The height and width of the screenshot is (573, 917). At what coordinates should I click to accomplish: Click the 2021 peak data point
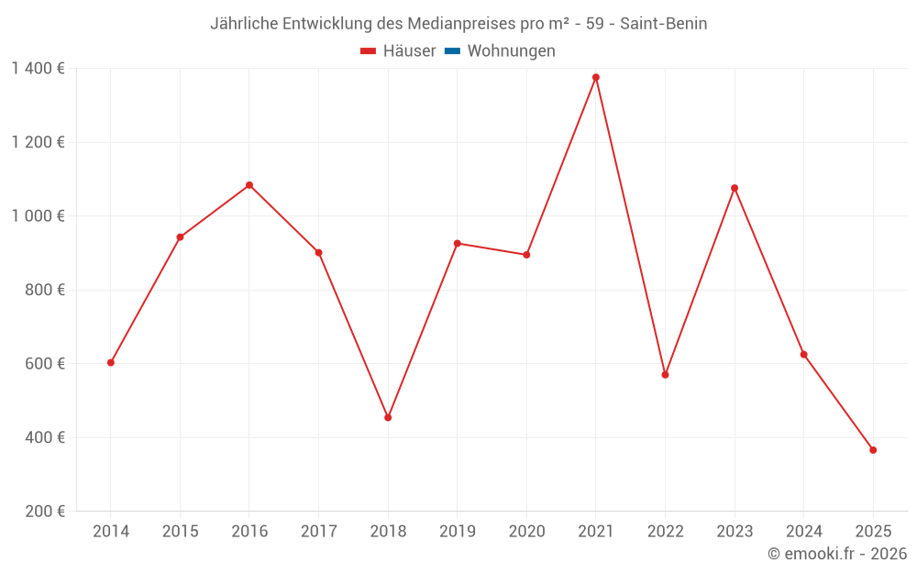tap(596, 77)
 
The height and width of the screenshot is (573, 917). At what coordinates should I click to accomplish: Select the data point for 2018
tap(388, 417)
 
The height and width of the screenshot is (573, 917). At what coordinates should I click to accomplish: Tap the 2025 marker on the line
tap(873, 450)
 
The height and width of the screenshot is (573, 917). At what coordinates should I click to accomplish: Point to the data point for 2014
tap(111, 362)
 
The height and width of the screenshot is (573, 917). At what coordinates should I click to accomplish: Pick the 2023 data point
tap(735, 188)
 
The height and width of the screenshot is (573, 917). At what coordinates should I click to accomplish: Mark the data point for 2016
tap(249, 185)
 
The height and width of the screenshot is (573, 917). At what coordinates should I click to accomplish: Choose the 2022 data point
tap(665, 374)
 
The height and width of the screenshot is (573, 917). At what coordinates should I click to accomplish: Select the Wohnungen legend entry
tap(511, 51)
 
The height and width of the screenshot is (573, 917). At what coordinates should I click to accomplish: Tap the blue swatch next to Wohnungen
tap(452, 51)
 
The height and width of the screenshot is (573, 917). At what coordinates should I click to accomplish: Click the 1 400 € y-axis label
tap(38, 69)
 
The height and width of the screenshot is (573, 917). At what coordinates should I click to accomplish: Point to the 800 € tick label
tap(47, 290)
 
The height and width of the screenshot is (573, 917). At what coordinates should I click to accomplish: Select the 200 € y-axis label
tap(47, 512)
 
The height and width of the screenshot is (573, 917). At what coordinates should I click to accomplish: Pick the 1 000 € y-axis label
tap(38, 216)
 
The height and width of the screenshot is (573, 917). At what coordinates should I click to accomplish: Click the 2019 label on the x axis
tap(458, 531)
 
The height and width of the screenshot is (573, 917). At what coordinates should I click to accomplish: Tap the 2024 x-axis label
tap(803, 531)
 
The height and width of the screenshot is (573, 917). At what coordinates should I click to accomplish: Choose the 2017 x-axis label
tap(318, 531)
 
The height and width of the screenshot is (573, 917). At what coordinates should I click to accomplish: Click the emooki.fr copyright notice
tap(837, 554)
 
